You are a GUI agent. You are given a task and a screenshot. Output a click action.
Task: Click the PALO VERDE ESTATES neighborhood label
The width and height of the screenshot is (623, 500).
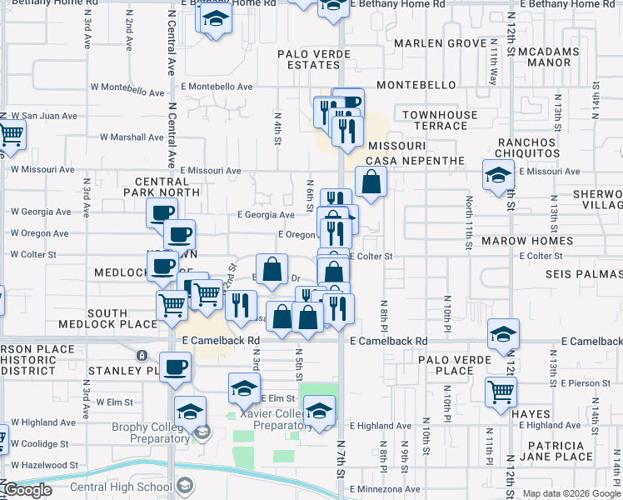314,59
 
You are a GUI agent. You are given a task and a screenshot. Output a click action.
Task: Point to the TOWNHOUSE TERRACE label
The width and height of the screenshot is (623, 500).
440,120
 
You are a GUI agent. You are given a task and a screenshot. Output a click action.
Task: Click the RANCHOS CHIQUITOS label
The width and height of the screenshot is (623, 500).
529,147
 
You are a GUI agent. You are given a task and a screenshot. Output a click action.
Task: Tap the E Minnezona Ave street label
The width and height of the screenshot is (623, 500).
385,489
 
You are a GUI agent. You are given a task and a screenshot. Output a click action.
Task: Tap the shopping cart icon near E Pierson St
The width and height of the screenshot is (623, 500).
501,390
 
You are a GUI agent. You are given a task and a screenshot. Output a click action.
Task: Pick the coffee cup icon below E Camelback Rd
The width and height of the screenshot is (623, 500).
175,366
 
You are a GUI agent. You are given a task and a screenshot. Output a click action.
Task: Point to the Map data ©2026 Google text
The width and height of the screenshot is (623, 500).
571,493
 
